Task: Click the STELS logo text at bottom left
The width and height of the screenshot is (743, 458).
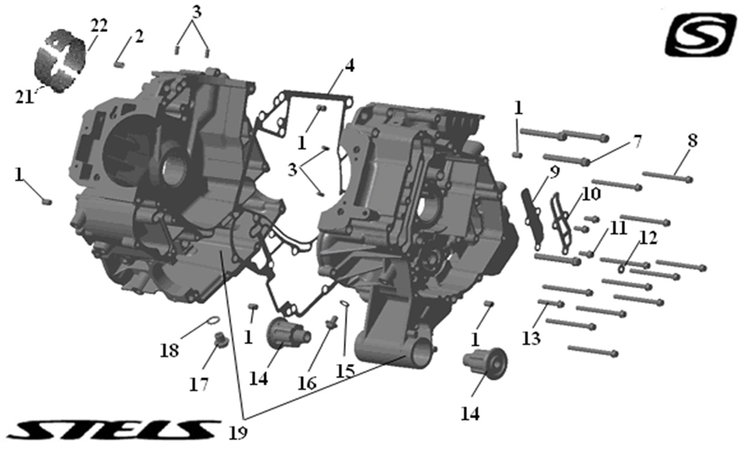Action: click(114, 429)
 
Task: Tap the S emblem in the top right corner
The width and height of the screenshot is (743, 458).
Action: click(700, 34)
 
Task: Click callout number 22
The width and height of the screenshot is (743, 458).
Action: click(98, 25)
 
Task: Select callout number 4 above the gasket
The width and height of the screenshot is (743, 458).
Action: click(348, 65)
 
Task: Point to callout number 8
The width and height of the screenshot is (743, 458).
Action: click(692, 141)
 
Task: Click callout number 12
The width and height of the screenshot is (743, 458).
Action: click(648, 237)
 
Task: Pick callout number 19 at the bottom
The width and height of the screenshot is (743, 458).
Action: click(238, 432)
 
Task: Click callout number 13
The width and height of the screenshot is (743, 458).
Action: click(530, 338)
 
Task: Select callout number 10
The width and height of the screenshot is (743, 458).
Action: click(590, 194)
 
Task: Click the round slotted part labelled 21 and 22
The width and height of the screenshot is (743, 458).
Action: click(60, 62)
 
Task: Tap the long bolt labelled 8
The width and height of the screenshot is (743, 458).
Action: click(667, 176)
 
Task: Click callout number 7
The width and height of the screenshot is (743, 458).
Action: click(636, 141)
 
